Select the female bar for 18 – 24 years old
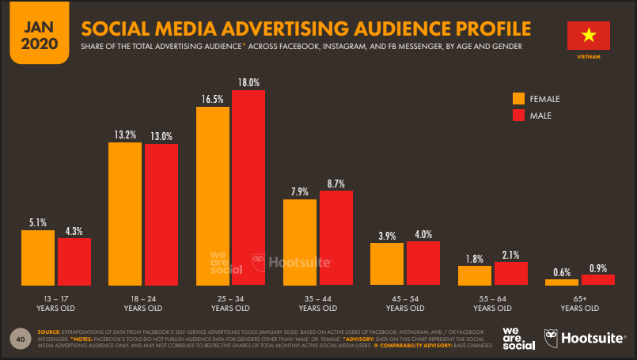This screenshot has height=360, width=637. pyautogui.click(x=125, y=214)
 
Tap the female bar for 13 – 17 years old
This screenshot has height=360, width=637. pyautogui.click(x=38, y=257)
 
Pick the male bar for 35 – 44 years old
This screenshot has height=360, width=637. pyautogui.click(x=336, y=237)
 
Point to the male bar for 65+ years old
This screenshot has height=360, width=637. pyautogui.click(x=597, y=279)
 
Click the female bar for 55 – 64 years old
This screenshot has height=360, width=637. pyautogui.click(x=474, y=275)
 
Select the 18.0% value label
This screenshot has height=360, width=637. pyautogui.click(x=248, y=82)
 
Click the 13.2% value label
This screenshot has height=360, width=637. pyautogui.click(x=125, y=135)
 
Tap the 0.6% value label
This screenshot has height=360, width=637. pyautogui.click(x=562, y=272)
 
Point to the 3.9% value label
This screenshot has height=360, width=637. pyautogui.click(x=387, y=235)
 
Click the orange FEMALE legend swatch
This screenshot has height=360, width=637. pyautogui.click(x=519, y=99)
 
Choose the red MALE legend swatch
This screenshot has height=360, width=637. pyautogui.click(x=519, y=116)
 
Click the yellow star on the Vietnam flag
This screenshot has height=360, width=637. pyautogui.click(x=588, y=36)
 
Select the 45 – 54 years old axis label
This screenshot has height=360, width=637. pyautogui.click(x=405, y=304)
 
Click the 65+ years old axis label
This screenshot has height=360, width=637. pyautogui.click(x=579, y=304)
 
